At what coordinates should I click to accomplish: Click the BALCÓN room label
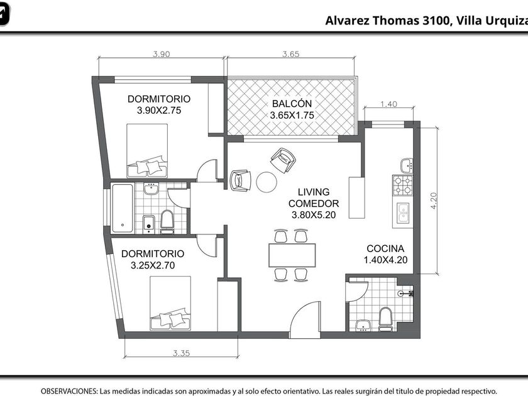tap(292, 104)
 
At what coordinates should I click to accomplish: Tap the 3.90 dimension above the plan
tap(162, 54)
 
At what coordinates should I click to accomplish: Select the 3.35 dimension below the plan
tap(182, 353)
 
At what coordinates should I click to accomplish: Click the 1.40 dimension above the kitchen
tap(388, 104)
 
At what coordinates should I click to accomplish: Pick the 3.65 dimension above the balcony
tap(291, 54)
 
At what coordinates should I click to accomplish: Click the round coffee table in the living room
tap(267, 182)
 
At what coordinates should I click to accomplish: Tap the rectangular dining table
tap(292, 255)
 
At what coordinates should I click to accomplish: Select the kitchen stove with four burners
tap(403, 185)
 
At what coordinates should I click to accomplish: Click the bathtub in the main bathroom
tap(123, 208)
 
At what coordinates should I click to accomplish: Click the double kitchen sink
tap(403, 213)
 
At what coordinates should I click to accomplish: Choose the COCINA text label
tap(385, 248)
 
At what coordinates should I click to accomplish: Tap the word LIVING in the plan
tap(314, 192)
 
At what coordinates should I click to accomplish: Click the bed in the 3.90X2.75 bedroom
tap(147, 150)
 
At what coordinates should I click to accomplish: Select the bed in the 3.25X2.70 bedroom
tap(170, 303)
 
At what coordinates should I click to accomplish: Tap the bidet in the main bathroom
tap(148, 224)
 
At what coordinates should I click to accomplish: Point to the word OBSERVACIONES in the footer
tap(69, 391)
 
